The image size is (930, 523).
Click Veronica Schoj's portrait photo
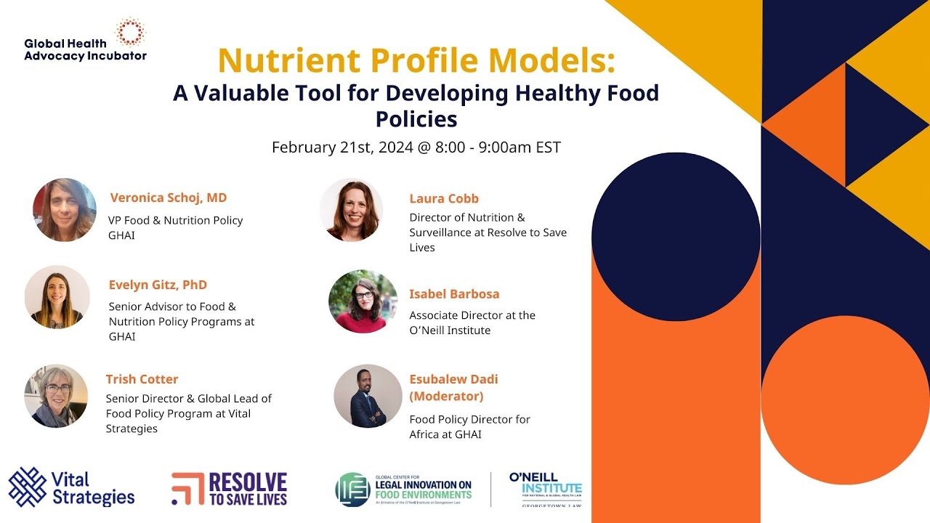pyautogui.click(x=65, y=210)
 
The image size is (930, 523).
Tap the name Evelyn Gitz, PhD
pyautogui.click(x=158, y=285)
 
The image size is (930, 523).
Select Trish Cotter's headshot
pyautogui.click(x=56, y=396)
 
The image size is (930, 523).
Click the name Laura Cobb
pyautogui.click(x=444, y=198)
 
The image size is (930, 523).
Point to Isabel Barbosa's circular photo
pyautogui.click(x=363, y=301)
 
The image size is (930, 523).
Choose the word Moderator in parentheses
pyautogui.click(x=446, y=397)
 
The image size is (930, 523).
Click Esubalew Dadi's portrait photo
pyautogui.click(x=368, y=396)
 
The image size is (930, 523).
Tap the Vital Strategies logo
pyautogui.click(x=71, y=487)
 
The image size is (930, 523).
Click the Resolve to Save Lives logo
pyautogui.click(x=230, y=489)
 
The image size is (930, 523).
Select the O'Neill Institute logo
pyautogui.click(x=546, y=489)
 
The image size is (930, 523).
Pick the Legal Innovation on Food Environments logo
pyautogui.click(x=403, y=489)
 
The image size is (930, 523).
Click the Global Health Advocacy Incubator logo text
pyautogui.click(x=84, y=49)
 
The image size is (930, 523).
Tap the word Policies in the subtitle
pyautogui.click(x=416, y=118)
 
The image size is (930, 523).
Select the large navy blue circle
pyautogui.click(x=676, y=237)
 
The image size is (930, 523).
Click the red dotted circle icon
pyautogui.click(x=132, y=32)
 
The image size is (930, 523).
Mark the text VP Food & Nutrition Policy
pyautogui.click(x=176, y=220)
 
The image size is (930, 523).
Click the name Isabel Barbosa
pyautogui.click(x=454, y=294)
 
